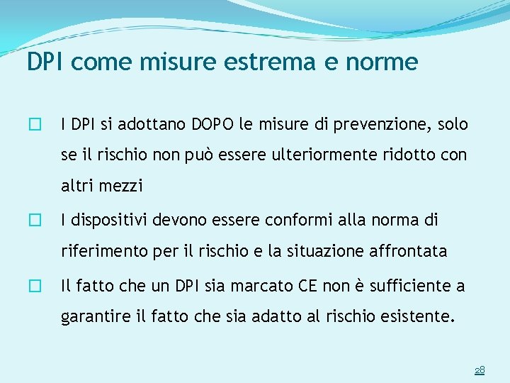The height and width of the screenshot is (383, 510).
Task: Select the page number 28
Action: tap(480, 370)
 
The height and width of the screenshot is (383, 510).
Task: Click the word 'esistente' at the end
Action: tap(414, 316)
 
